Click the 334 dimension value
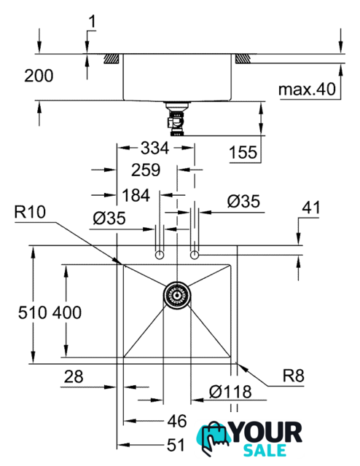(x=154, y=148)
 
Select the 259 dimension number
(x=146, y=170)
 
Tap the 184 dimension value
(x=136, y=195)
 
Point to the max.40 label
(x=307, y=89)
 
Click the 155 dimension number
(x=243, y=152)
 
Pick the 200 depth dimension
(x=39, y=76)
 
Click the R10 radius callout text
(x=30, y=212)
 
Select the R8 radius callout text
(x=294, y=376)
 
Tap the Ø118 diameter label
(x=230, y=392)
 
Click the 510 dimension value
(x=33, y=312)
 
